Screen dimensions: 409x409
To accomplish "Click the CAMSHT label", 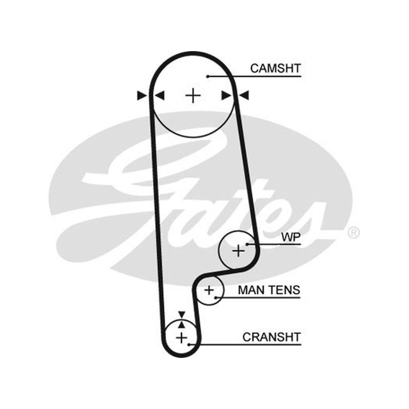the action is click(x=276, y=69).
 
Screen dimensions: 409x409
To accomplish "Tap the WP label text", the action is click(x=291, y=237).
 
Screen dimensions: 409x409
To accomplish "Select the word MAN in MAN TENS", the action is click(x=251, y=290).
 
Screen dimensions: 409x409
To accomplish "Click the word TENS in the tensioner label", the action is click(x=284, y=290).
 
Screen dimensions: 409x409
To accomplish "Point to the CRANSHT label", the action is click(x=271, y=337).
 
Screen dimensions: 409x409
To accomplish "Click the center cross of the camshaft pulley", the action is click(x=193, y=96).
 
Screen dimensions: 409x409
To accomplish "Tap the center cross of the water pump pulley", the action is click(x=238, y=251).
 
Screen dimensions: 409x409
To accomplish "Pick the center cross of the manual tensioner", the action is click(x=209, y=290).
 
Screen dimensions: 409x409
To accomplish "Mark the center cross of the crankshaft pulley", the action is click(x=181, y=338).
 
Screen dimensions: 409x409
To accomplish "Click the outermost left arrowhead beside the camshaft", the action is click(x=142, y=96).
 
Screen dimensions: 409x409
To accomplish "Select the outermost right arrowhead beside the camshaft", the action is click(x=244, y=96).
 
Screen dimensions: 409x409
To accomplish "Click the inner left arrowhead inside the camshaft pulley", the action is click(x=160, y=96).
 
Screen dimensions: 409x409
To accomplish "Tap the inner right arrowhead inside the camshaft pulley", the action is click(x=226, y=96).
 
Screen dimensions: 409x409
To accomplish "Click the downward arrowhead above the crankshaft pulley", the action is click(x=181, y=314).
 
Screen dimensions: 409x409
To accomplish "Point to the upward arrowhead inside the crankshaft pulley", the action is click(x=182, y=325).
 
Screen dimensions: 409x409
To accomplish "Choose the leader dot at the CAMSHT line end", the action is click(x=208, y=76).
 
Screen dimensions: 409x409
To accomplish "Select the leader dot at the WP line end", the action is click(x=247, y=244).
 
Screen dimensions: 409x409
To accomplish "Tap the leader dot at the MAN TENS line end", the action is click(x=215, y=298).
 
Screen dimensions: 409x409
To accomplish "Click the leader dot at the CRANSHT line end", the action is click(x=189, y=345).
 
